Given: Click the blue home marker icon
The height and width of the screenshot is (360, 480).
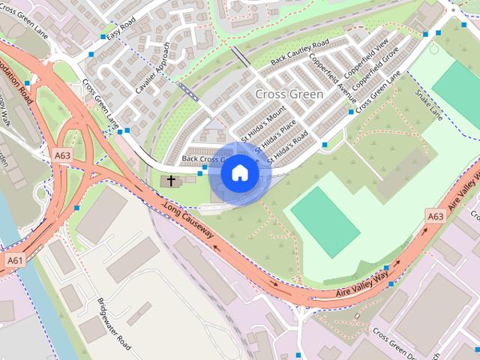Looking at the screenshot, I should click(x=239, y=173).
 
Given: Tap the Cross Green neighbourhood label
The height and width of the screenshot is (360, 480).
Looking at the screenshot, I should click(x=289, y=94).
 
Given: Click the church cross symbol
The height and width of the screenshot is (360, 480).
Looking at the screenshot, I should click(x=171, y=181).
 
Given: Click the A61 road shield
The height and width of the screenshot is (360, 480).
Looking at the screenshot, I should click(x=14, y=259).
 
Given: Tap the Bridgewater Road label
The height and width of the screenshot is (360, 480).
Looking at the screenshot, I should click(x=114, y=325).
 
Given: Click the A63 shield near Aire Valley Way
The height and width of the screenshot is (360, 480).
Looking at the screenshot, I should click(x=435, y=216).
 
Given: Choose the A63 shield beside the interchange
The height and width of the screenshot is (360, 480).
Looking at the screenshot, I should click(x=62, y=155).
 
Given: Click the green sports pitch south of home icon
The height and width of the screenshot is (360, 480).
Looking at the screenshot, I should click(x=323, y=222).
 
